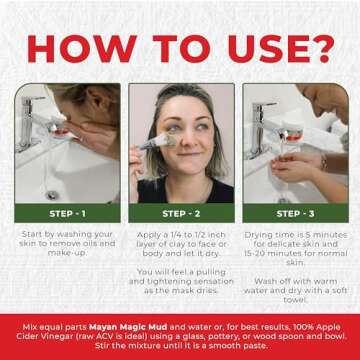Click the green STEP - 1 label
click(67, 214)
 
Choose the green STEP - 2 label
click(181, 214)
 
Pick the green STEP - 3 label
click(295, 214)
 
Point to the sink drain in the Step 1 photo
click(52, 195)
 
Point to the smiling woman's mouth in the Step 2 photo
click(189, 154)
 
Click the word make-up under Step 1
click(68, 253)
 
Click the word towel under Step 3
click(295, 300)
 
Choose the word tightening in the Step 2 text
click(169, 281)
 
